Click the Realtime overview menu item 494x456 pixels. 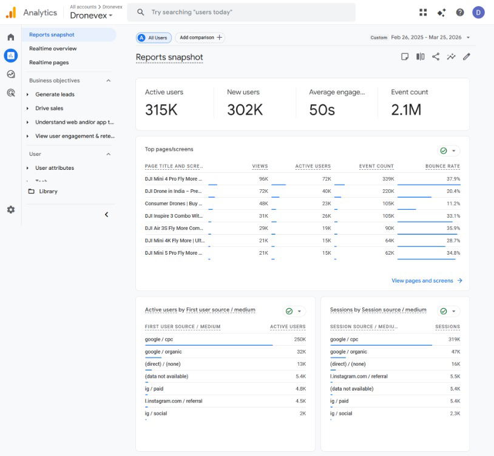pyautogui.click(x=53, y=49)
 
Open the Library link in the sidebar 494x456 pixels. pyautogui.click(x=48, y=192)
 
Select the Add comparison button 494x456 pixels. pyautogui.click(x=200, y=38)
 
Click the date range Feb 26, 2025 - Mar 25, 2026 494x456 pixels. pyautogui.click(x=426, y=38)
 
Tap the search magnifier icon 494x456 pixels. pyautogui.click(x=141, y=12)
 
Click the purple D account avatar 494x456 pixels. pyautogui.click(x=478, y=13)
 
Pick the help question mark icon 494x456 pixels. pyautogui.click(x=460, y=12)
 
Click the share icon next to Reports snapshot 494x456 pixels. pyautogui.click(x=436, y=56)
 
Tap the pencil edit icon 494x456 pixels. pyautogui.click(x=467, y=56)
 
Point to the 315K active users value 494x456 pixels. pyautogui.click(x=161, y=110)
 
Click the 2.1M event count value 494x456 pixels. pyautogui.click(x=406, y=110)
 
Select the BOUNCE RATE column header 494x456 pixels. pyautogui.click(x=442, y=166)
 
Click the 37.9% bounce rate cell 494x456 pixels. pyautogui.click(x=453, y=179)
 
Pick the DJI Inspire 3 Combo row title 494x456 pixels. pyautogui.click(x=174, y=216)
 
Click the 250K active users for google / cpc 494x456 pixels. pyautogui.click(x=300, y=339)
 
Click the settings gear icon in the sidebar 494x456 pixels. pyautogui.click(x=11, y=210)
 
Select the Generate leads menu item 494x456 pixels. pyautogui.click(x=55, y=95)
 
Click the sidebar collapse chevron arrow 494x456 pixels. pyautogui.click(x=106, y=215)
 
